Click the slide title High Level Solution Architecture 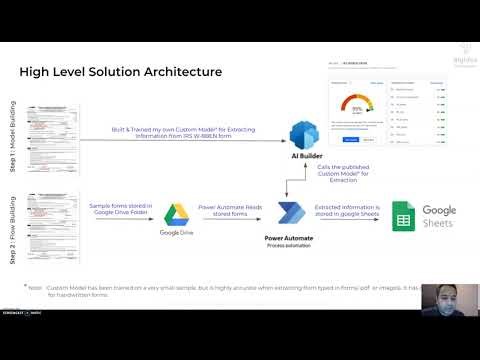(120, 72)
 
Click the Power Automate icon (291, 215)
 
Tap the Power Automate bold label (290, 240)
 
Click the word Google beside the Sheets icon (440, 209)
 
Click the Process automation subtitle (290, 248)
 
